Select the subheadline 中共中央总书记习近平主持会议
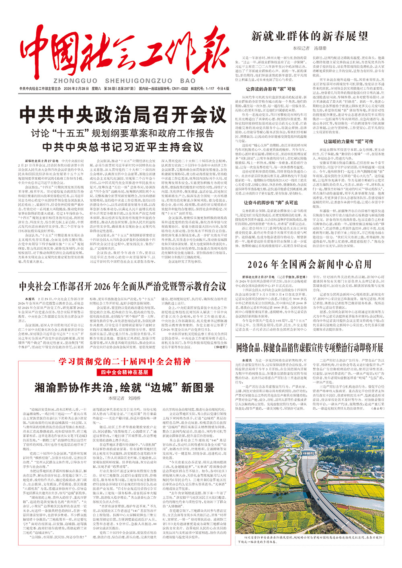tap(123, 146)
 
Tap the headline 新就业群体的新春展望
tap(310, 36)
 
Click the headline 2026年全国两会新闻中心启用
tap(310, 264)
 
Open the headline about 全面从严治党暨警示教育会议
tap(123, 286)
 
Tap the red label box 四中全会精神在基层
tap(124, 372)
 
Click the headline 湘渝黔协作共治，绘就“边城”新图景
tap(124, 387)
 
